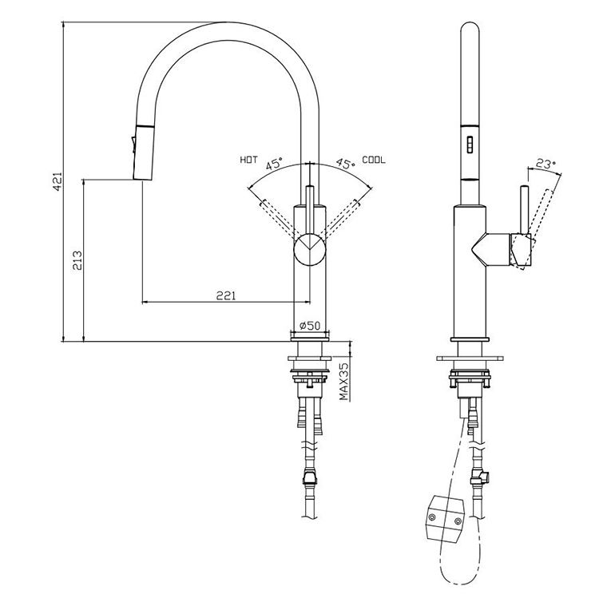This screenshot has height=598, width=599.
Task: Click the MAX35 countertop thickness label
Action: (x=343, y=381)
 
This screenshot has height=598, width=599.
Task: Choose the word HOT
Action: (x=248, y=160)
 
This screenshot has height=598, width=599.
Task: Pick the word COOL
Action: (x=373, y=160)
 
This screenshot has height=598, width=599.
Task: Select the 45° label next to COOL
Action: (x=345, y=164)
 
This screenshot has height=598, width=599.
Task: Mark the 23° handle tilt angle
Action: (x=545, y=164)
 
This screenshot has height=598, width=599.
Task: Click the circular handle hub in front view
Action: (x=310, y=249)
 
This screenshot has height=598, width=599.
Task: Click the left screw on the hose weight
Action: (x=433, y=517)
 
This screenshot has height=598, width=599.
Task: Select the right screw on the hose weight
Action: (x=458, y=523)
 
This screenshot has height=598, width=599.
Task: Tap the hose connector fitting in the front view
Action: (x=307, y=479)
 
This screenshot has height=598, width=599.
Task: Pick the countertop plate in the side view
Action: (x=470, y=357)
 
